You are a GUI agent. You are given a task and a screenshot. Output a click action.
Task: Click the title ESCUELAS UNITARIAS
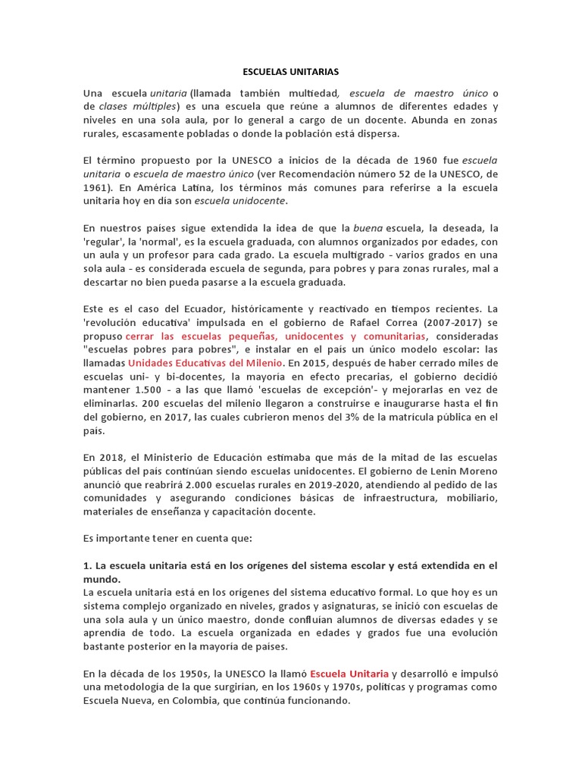pyautogui.click(x=291, y=71)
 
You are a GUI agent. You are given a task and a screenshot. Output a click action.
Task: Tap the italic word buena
pyautogui.click(x=369, y=228)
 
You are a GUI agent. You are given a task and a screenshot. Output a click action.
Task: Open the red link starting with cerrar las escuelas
pyautogui.click(x=276, y=336)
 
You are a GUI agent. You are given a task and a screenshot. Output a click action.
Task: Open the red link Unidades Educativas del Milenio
pyautogui.click(x=209, y=363)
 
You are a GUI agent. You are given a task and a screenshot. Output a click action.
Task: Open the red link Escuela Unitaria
pyautogui.click(x=349, y=674)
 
